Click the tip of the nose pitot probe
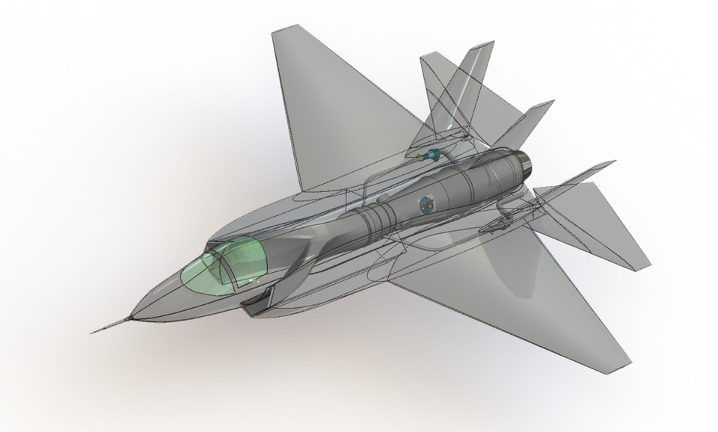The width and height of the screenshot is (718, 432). click(93, 333)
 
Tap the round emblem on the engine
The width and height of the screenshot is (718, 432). click(426, 203)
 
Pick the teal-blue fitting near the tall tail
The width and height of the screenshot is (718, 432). click(429, 156)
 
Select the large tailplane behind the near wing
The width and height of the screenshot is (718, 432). click(598, 224)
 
